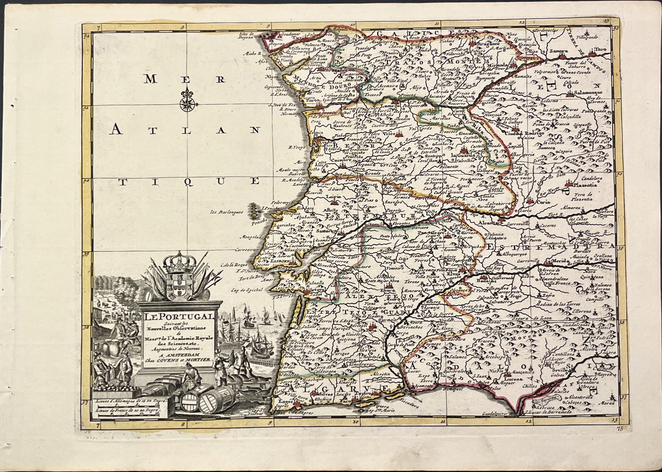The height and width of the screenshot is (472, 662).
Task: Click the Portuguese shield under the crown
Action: pos(180,284)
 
